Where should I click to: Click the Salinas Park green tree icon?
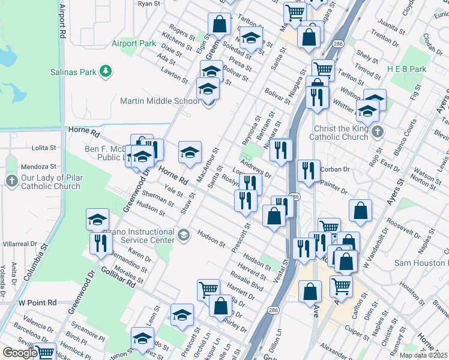tap(106, 71)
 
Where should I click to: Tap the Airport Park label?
tap(133, 43)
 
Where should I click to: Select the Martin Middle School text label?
tap(160, 101)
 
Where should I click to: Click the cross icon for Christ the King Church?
tap(377, 131)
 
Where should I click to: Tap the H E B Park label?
tap(407, 69)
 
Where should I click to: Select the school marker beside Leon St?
tap(182, 314)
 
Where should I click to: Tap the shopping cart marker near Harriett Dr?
tap(208, 290)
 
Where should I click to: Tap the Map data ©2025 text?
tap(424, 355)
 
